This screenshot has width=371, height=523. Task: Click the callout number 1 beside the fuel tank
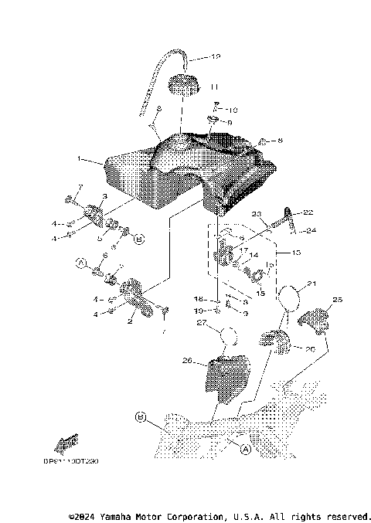(79, 159)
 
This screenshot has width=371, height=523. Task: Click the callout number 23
(257, 214)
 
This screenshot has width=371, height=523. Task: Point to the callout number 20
(310, 348)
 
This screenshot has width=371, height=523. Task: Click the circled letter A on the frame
(245, 448)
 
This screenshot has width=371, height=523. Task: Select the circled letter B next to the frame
(141, 417)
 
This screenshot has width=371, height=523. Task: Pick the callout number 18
(197, 298)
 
